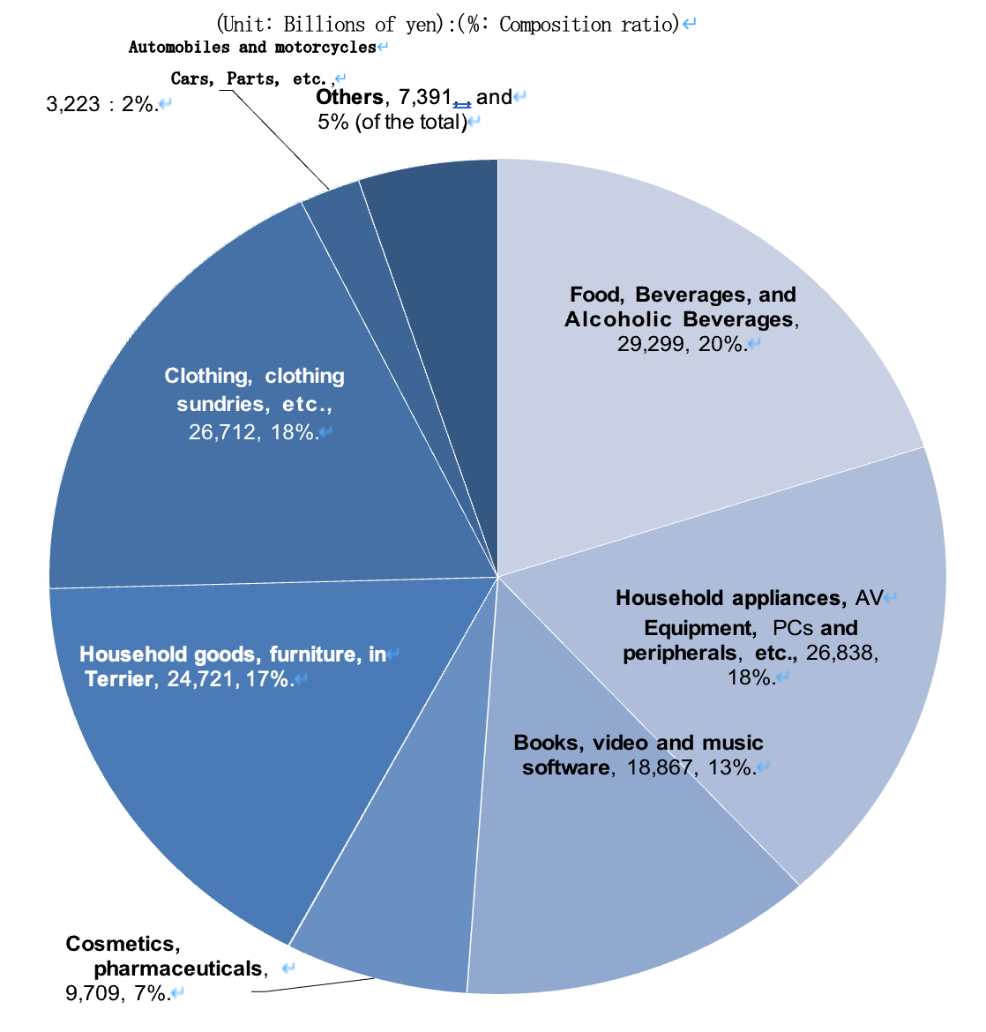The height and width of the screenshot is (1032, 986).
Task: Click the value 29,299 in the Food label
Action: click(x=650, y=344)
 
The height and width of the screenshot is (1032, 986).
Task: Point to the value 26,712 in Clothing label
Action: click(x=221, y=432)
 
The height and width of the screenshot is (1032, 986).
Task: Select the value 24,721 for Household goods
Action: click(x=199, y=680)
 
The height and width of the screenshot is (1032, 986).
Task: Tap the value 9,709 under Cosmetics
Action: click(x=90, y=993)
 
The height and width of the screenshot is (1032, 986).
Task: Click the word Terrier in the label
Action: click(x=118, y=680)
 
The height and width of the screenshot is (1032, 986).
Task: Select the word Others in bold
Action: click(x=349, y=97)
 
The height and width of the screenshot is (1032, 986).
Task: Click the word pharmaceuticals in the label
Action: click(x=178, y=968)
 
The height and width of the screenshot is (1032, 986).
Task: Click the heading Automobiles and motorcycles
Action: click(x=252, y=48)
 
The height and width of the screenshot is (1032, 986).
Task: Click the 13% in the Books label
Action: click(x=729, y=767)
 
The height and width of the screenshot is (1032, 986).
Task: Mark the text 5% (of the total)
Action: click(x=392, y=122)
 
